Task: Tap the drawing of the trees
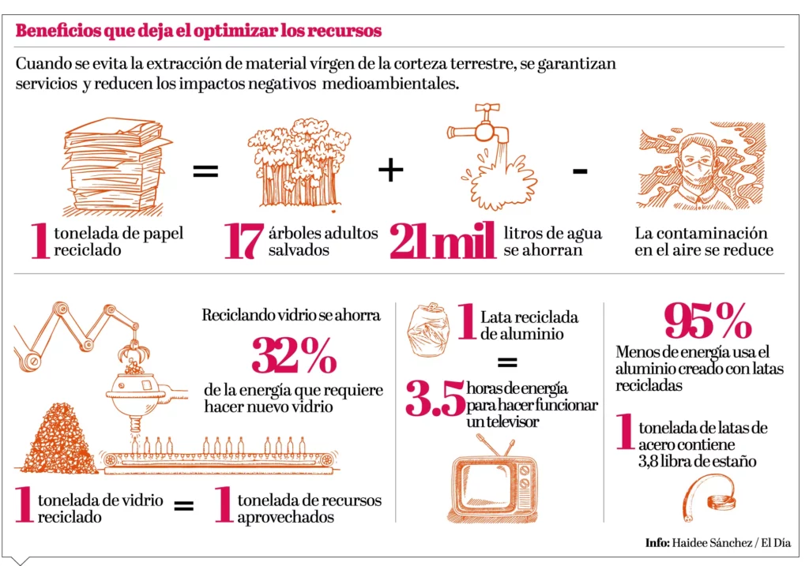[299, 164]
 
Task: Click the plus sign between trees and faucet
[390, 170]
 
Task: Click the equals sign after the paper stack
[205, 170]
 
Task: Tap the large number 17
[242, 242]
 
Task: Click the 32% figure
[294, 355]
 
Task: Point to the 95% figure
[708, 320]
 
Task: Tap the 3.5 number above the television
[435, 399]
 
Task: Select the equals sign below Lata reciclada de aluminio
[506, 363]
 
